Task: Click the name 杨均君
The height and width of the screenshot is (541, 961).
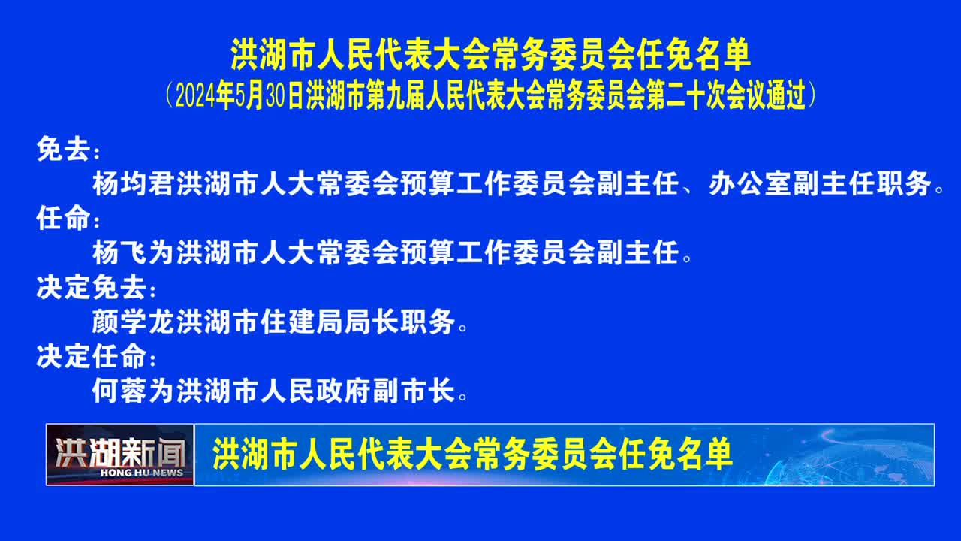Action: [134, 183]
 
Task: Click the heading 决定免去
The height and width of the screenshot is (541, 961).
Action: [92, 287]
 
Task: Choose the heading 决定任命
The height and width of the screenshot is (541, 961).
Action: [92, 356]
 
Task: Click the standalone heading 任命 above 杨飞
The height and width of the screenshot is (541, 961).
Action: [64, 218]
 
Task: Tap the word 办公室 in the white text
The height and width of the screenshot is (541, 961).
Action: [749, 183]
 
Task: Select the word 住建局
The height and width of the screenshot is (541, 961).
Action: [301, 322]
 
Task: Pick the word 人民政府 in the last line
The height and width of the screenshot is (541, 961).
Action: [315, 391]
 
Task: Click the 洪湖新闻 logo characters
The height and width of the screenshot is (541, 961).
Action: [120, 452]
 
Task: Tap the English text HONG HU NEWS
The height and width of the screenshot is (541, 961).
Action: [142, 473]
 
